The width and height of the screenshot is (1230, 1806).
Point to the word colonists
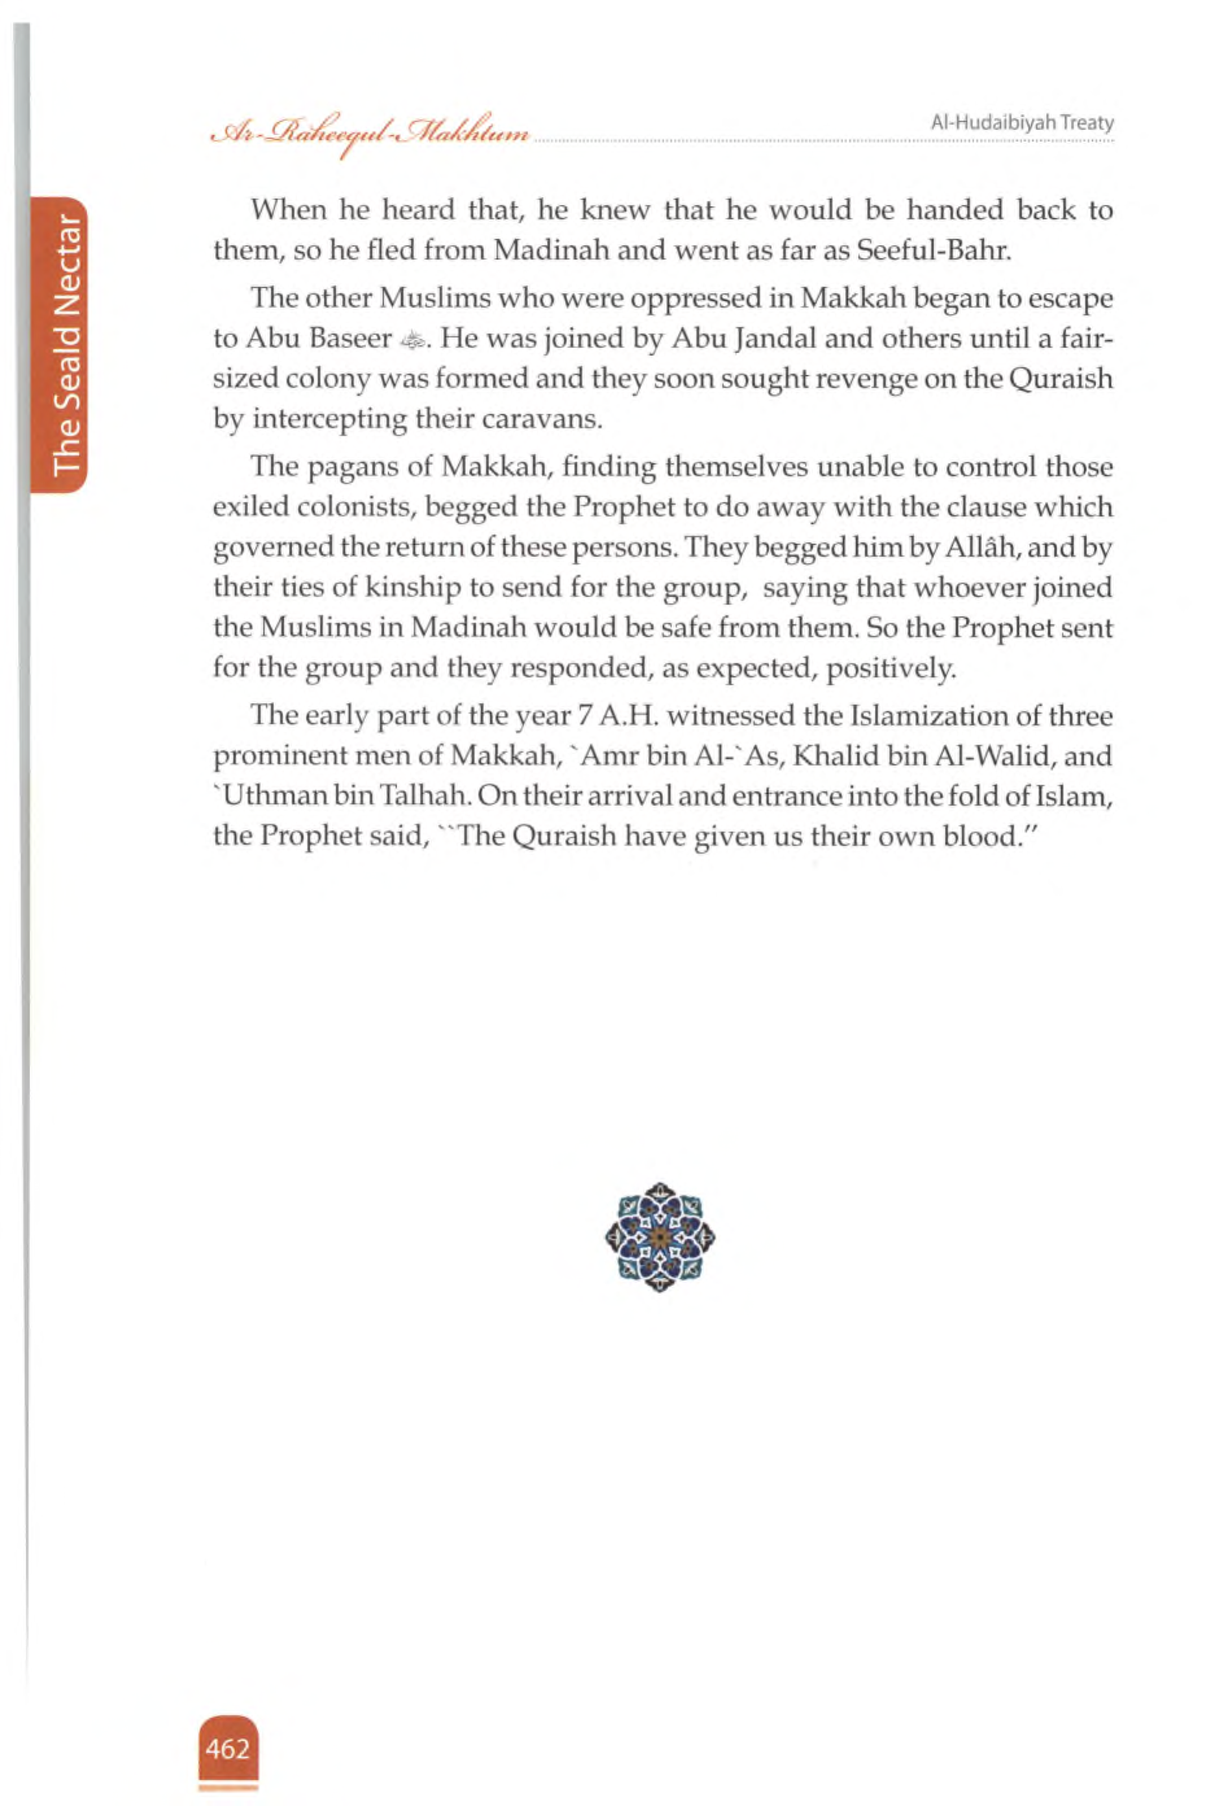click(x=346, y=508)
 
